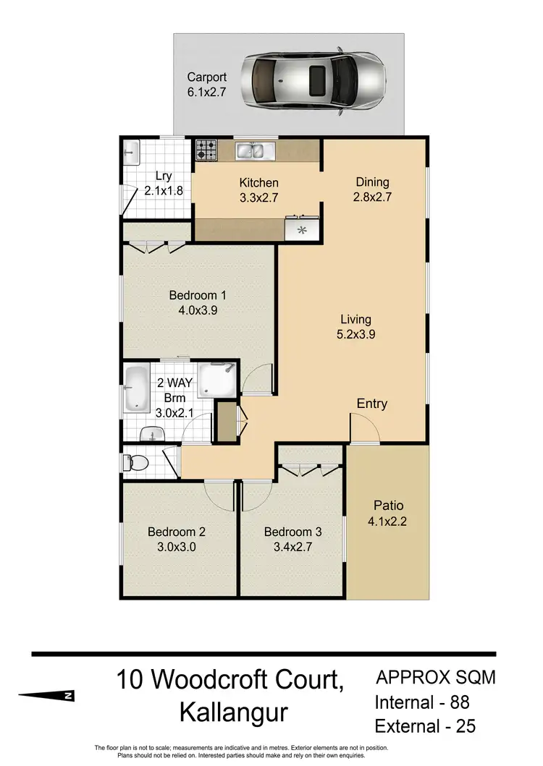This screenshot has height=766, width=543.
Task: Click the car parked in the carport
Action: (312, 77)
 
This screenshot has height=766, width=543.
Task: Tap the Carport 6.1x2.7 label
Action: (206, 84)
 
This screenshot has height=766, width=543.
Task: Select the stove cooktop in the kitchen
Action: (206, 150)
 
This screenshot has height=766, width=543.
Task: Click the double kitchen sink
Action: (254, 151)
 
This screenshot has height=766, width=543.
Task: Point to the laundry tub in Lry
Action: (131, 153)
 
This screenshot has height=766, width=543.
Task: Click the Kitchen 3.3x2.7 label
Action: (258, 190)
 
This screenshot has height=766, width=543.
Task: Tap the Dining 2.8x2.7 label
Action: (372, 189)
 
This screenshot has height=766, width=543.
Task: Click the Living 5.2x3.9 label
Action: (356, 326)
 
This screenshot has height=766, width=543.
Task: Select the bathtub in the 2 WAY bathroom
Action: (135, 388)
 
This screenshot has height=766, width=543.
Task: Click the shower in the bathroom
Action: (218, 379)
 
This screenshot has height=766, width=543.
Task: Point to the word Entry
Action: (371, 404)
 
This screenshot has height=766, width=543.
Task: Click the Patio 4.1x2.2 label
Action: (388, 513)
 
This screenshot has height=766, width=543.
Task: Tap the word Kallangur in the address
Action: (233, 712)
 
